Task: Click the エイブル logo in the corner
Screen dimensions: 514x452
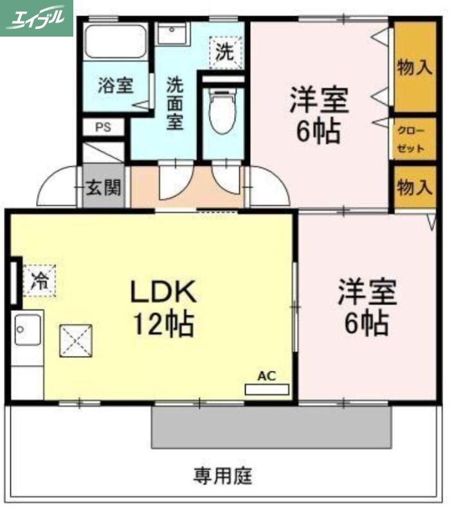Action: click(x=36, y=17)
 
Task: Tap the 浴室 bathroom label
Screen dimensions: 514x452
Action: click(x=115, y=85)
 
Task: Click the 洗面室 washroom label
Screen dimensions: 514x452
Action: click(x=175, y=103)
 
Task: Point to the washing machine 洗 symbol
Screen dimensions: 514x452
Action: click(x=225, y=52)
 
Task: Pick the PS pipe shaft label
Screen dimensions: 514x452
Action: click(x=103, y=127)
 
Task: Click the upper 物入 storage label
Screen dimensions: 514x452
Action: click(x=415, y=67)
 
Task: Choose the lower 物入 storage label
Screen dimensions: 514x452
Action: click(x=415, y=188)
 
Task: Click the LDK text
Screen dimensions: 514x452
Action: click(x=163, y=293)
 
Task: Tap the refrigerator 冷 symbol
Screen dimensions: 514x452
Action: click(x=40, y=280)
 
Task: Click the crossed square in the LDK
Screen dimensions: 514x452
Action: click(x=76, y=341)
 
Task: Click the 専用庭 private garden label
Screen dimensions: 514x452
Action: click(x=223, y=476)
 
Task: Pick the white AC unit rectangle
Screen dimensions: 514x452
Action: click(x=267, y=389)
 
